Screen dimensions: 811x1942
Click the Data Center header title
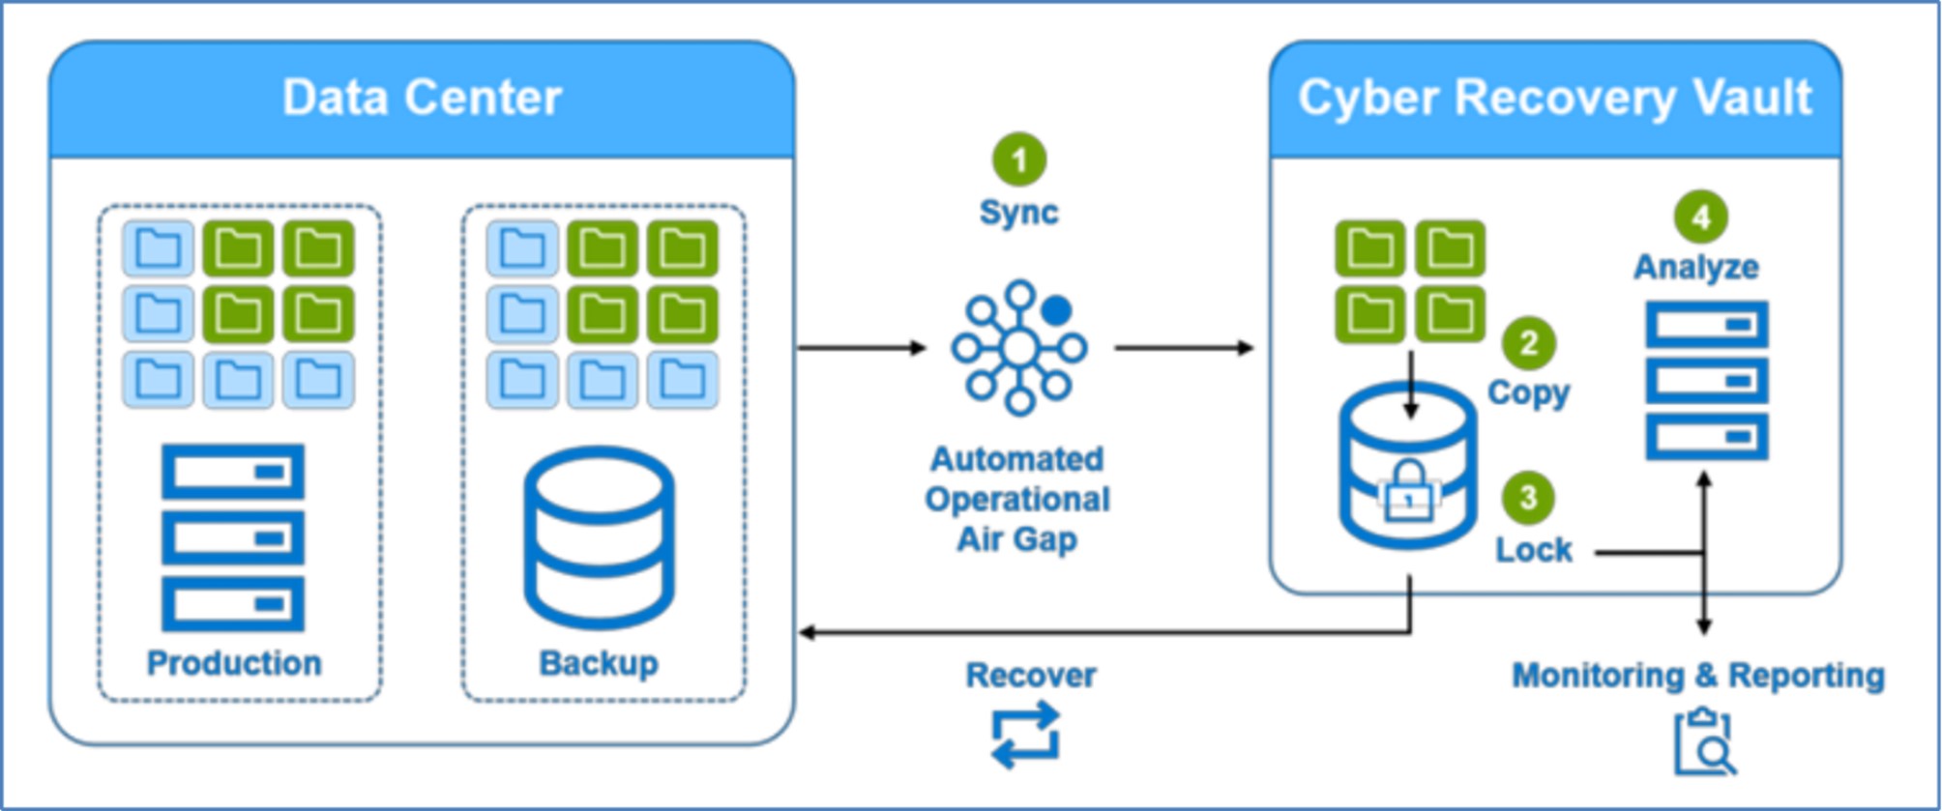pyautogui.click(x=422, y=98)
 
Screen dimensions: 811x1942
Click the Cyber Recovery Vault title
pyautogui.click(x=1554, y=98)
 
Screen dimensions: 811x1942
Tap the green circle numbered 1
pyautogui.click(x=1019, y=159)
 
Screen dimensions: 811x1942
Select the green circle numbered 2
pyautogui.click(x=1528, y=343)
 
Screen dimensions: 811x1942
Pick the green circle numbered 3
pyautogui.click(x=1528, y=498)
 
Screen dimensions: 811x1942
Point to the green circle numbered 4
pyautogui.click(x=1701, y=217)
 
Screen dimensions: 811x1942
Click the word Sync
pyautogui.click(x=1018, y=212)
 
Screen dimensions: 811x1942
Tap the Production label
pyautogui.click(x=234, y=663)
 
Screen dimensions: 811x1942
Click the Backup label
pyautogui.click(x=599, y=663)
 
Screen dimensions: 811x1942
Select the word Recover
pyautogui.click(x=1031, y=675)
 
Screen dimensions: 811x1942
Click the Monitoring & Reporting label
pyautogui.click(x=1698, y=675)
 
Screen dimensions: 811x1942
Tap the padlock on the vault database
pyautogui.click(x=1409, y=492)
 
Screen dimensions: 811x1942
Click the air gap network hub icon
pyautogui.click(x=1019, y=348)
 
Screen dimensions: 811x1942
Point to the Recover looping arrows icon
pyautogui.click(x=1026, y=736)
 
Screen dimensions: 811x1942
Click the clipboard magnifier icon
pyautogui.click(x=1705, y=742)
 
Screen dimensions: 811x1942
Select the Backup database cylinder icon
pyautogui.click(x=599, y=537)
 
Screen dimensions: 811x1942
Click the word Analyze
pyautogui.click(x=1696, y=267)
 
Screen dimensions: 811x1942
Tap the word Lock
pyautogui.click(x=1534, y=550)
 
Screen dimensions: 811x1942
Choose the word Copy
pyautogui.click(x=1528, y=392)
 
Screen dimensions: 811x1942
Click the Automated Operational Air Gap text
pyautogui.click(x=1017, y=499)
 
